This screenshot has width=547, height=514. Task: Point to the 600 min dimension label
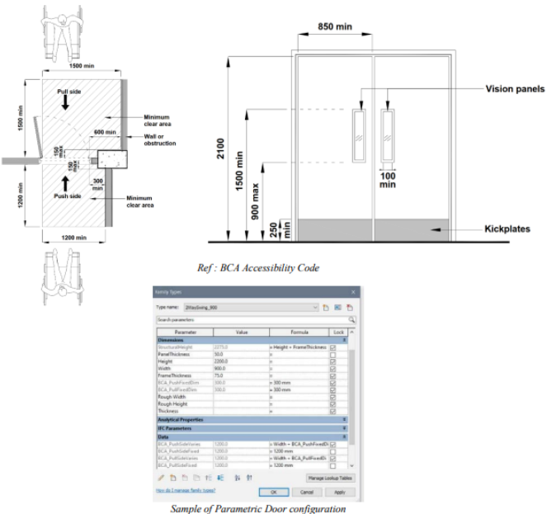105,132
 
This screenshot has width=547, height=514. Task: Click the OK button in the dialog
285,491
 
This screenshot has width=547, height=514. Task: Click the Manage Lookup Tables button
329,477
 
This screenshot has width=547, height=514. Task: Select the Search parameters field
252,318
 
